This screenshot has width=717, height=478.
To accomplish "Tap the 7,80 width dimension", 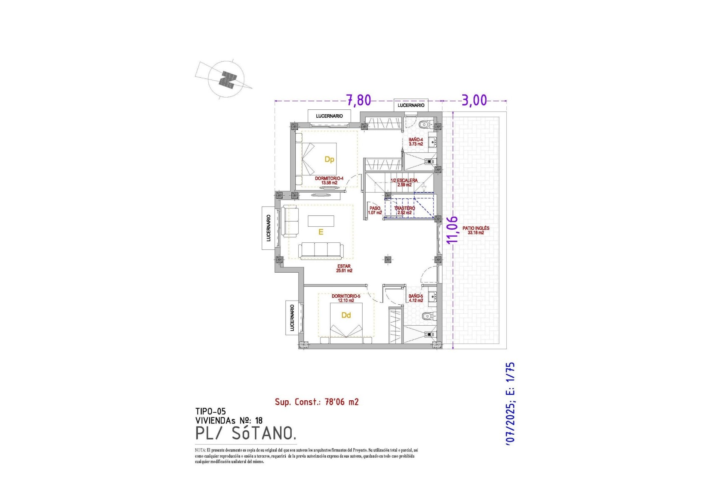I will (x=358, y=100).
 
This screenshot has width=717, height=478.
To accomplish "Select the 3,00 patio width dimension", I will (x=474, y=100).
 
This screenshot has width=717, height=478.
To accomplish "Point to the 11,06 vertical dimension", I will (x=452, y=230).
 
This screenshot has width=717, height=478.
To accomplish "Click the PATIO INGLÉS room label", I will (x=476, y=230).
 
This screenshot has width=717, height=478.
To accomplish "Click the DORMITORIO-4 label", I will (x=329, y=180).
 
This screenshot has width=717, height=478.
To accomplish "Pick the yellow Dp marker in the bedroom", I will (x=329, y=159).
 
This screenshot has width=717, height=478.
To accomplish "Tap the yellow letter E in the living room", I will (x=321, y=232).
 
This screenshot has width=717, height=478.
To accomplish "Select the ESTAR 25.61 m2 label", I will (x=344, y=268).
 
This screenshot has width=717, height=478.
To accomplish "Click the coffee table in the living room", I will (x=321, y=221).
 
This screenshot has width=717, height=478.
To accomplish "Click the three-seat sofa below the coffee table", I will (x=321, y=251).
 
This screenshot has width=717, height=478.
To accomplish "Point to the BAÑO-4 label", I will (x=416, y=142).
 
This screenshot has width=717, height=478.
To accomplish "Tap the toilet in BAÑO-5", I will (x=428, y=316).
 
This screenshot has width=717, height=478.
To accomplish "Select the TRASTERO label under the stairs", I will (x=404, y=210).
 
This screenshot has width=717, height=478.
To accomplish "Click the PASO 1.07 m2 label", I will (x=375, y=210).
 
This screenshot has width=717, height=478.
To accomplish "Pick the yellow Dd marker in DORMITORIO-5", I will (x=346, y=316).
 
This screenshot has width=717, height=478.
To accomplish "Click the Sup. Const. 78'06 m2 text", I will (x=317, y=402).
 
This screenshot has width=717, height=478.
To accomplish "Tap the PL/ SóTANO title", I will (x=246, y=434).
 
